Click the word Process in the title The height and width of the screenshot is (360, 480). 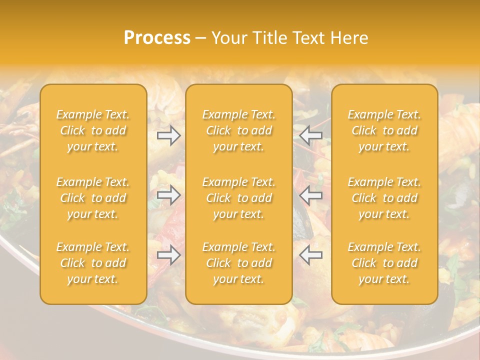pos(157,38)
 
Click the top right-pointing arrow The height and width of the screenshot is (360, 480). pos(168,135)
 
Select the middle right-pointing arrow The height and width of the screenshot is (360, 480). pos(168,195)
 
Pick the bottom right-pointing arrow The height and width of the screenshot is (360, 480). pos(168,255)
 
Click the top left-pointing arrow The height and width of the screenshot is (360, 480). pos(311,135)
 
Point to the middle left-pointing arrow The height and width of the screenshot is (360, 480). pos(311,195)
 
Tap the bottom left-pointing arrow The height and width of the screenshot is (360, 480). pos(311,255)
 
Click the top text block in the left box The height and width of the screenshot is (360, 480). pos(93,130)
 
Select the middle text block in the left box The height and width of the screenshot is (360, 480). pos(93,198)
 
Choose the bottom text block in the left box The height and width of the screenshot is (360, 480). pos(93,263)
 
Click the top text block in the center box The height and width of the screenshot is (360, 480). pos(239,130)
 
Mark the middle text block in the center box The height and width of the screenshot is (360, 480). pos(239,198)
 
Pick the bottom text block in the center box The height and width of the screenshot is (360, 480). pos(239,263)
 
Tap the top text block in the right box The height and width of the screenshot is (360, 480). pos(384,130)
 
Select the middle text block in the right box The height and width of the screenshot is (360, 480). pos(384,198)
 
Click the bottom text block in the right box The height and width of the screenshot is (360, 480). pos(384,263)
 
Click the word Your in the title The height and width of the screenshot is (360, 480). pos(227,38)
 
